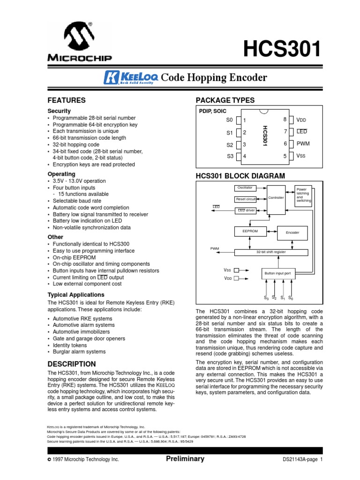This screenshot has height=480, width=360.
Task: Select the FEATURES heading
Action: (x=67, y=100)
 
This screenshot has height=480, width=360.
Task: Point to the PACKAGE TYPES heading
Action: (x=225, y=100)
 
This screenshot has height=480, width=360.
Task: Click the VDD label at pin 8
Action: (x=301, y=120)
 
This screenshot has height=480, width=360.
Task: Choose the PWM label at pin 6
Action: (x=303, y=143)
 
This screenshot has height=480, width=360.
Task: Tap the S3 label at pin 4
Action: (x=229, y=156)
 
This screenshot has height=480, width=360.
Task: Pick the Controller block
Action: (x=276, y=198)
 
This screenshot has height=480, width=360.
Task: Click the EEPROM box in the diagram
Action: (x=250, y=231)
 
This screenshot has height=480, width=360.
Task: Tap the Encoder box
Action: (x=292, y=232)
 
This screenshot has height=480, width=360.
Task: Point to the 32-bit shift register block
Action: (x=271, y=252)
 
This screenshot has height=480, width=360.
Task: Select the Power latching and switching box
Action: (x=303, y=195)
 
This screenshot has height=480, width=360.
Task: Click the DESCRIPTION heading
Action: (x=72, y=364)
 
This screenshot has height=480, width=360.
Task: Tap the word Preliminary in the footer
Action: (x=185, y=459)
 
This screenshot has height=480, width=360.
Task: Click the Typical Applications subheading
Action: (x=76, y=295)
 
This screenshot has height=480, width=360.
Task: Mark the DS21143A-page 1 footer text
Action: (x=303, y=459)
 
